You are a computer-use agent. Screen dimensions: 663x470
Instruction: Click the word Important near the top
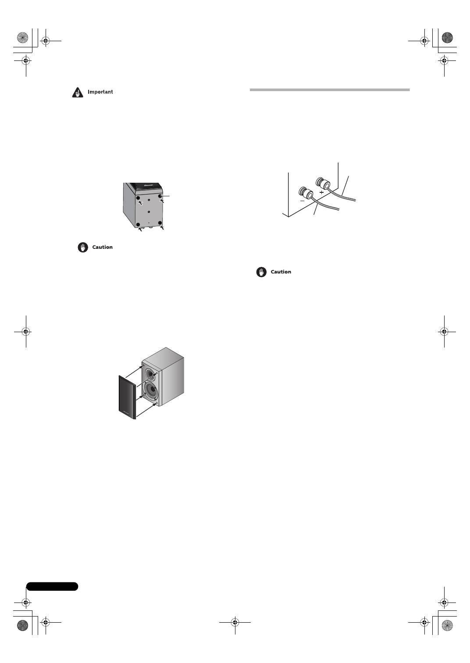(100, 92)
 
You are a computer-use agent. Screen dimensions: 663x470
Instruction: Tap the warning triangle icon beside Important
(78, 92)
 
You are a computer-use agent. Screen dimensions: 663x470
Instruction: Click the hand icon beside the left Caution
(83, 248)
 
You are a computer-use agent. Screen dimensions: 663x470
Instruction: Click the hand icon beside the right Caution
(261, 272)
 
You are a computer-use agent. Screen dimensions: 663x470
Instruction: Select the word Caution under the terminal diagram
(281, 272)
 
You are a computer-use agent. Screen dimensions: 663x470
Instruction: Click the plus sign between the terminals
(321, 192)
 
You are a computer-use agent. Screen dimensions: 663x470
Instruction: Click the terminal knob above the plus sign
(324, 182)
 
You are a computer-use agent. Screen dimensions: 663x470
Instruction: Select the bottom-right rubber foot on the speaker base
(160, 223)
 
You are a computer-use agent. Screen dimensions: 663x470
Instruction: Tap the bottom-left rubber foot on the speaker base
(138, 225)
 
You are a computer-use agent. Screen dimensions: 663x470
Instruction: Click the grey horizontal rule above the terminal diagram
(330, 90)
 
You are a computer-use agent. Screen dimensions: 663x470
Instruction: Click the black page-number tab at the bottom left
(52, 586)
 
